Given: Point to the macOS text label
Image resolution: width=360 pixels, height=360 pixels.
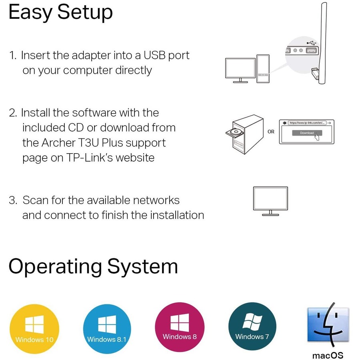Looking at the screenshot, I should coord(328,355).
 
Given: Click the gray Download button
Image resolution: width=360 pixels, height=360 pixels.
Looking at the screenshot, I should coord(307,133).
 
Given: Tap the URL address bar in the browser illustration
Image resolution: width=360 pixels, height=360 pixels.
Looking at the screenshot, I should coord(306,123).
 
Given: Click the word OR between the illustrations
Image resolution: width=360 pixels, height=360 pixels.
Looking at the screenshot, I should coord(271,132).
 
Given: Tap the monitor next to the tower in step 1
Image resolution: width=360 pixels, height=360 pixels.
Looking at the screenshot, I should coord(240,69).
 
